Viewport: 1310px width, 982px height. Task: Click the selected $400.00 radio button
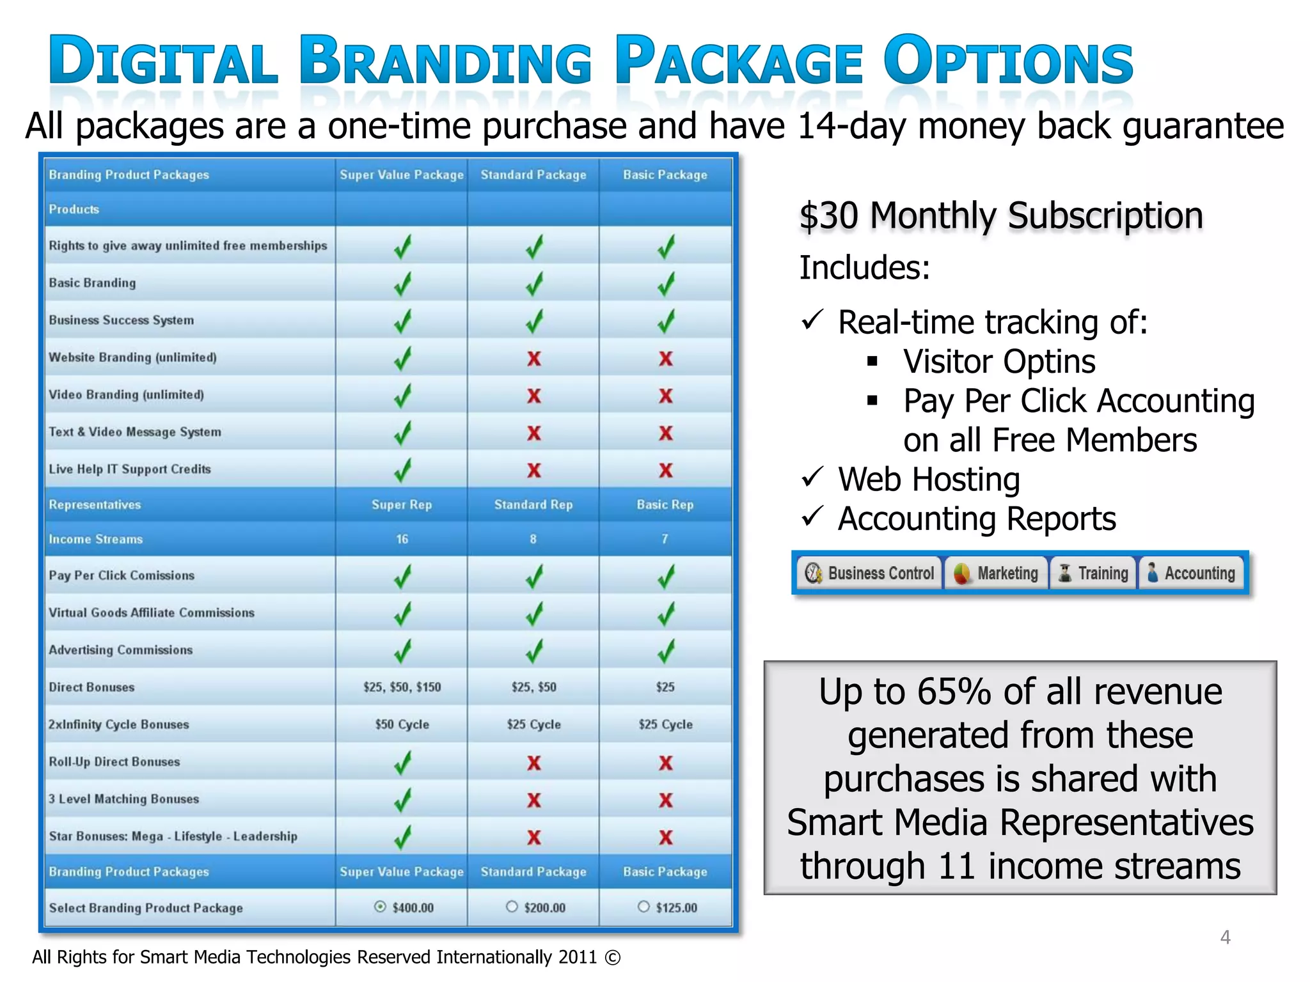click(x=380, y=907)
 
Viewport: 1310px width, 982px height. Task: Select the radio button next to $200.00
click(x=511, y=907)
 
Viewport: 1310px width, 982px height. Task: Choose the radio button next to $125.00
click(x=643, y=907)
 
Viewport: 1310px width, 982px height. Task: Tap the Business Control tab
click(x=870, y=573)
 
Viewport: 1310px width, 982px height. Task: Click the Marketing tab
click(x=996, y=573)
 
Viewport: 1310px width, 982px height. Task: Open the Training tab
click(x=1093, y=573)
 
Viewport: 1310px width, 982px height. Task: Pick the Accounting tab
click(x=1191, y=573)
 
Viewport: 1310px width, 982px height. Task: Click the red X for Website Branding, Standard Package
click(x=534, y=359)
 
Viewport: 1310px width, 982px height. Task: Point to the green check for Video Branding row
click(x=402, y=396)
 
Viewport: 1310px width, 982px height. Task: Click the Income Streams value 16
click(x=402, y=539)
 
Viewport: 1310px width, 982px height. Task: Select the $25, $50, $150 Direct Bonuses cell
click(x=402, y=687)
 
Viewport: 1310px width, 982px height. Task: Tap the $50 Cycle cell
click(x=402, y=724)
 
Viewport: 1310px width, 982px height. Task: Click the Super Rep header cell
click(x=402, y=504)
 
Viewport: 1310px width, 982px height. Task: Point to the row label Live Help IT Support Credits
click(x=130, y=469)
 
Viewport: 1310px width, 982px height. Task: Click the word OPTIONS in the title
click(x=1008, y=61)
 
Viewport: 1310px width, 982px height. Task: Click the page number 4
click(x=1225, y=937)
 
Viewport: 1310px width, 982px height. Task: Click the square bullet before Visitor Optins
click(x=872, y=362)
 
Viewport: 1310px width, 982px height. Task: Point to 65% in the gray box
click(x=954, y=692)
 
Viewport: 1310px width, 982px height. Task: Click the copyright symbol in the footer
click(x=612, y=958)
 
